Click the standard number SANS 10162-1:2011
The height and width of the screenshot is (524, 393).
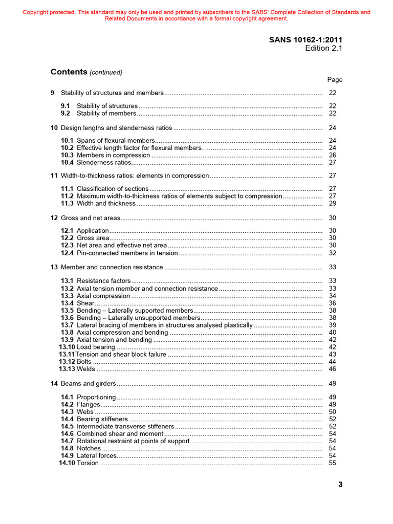pos(305,39)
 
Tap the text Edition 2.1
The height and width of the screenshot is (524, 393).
pos(323,48)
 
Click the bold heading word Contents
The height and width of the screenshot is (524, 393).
pos(69,72)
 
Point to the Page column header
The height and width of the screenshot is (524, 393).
pos(335,80)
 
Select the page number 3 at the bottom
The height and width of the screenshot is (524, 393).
pos(340,485)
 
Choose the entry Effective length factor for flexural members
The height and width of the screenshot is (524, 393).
pos(139,148)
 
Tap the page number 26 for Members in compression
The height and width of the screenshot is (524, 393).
pos(332,155)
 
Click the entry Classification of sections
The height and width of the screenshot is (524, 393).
pos(113,189)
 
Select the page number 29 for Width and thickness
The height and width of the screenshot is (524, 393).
pos(332,203)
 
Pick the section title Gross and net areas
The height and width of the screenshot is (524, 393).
pos(90,218)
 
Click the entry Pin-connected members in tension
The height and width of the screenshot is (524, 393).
pos(127,253)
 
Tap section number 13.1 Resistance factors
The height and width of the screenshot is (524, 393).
pos(68,281)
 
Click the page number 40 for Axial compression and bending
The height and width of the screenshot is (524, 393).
pos(332,333)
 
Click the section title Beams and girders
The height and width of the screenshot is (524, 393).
pos(88,384)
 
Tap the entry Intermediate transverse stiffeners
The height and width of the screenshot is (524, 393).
pos(125,426)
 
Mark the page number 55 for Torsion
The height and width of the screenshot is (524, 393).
pos(332,463)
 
